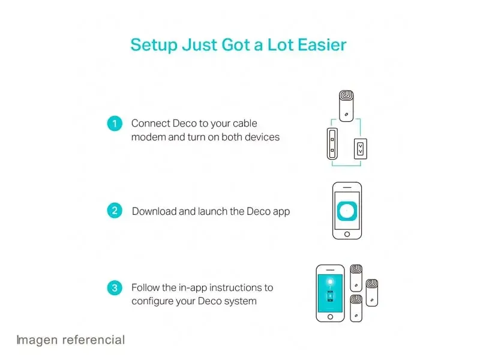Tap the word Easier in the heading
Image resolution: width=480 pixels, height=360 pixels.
[x=322, y=44]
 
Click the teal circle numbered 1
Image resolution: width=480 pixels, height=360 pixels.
[x=115, y=124]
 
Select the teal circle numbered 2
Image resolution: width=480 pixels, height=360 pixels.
[x=115, y=211]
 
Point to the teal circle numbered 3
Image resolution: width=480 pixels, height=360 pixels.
[x=115, y=288]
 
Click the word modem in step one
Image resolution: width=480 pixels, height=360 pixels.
[x=148, y=137]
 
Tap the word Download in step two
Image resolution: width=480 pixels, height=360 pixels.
[x=154, y=211]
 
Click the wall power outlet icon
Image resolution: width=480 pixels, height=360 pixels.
[x=361, y=149]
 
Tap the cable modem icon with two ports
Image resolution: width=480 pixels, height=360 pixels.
[x=332, y=144]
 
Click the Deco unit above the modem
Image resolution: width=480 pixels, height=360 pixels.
[x=346, y=106]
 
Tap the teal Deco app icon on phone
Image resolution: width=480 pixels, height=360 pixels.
[x=347, y=211]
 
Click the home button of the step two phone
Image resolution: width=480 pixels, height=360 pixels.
[x=347, y=234]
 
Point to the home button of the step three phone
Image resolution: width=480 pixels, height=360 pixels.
[x=330, y=317]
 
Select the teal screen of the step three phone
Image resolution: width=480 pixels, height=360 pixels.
[x=330, y=293]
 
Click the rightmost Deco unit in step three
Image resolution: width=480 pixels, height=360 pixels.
[x=372, y=293]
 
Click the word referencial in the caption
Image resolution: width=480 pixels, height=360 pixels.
[x=94, y=340]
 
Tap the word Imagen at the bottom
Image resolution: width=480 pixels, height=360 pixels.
[x=37, y=340]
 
